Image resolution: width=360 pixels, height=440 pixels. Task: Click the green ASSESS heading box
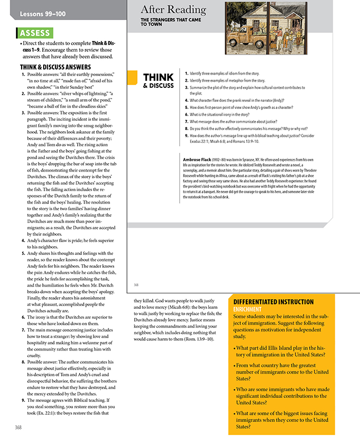click(35, 33)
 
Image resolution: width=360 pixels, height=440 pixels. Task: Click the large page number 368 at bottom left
click(17, 427)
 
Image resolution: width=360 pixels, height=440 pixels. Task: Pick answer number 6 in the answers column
click(23, 317)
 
